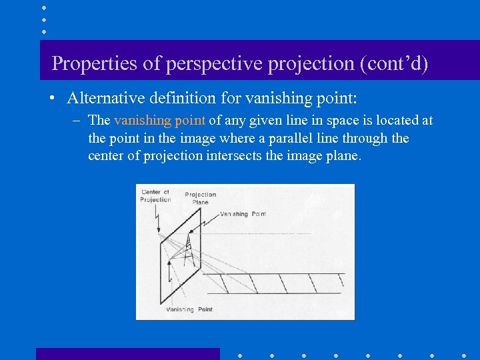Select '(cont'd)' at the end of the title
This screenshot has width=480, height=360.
(x=393, y=63)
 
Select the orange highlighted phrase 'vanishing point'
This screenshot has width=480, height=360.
(x=159, y=121)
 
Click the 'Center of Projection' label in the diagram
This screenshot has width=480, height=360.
(x=155, y=196)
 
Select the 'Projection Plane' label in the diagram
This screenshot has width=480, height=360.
(x=200, y=198)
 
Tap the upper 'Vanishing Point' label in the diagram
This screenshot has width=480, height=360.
(x=243, y=214)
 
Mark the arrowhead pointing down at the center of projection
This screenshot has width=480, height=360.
(x=159, y=231)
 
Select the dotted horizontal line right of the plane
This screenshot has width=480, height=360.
(x=267, y=233)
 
